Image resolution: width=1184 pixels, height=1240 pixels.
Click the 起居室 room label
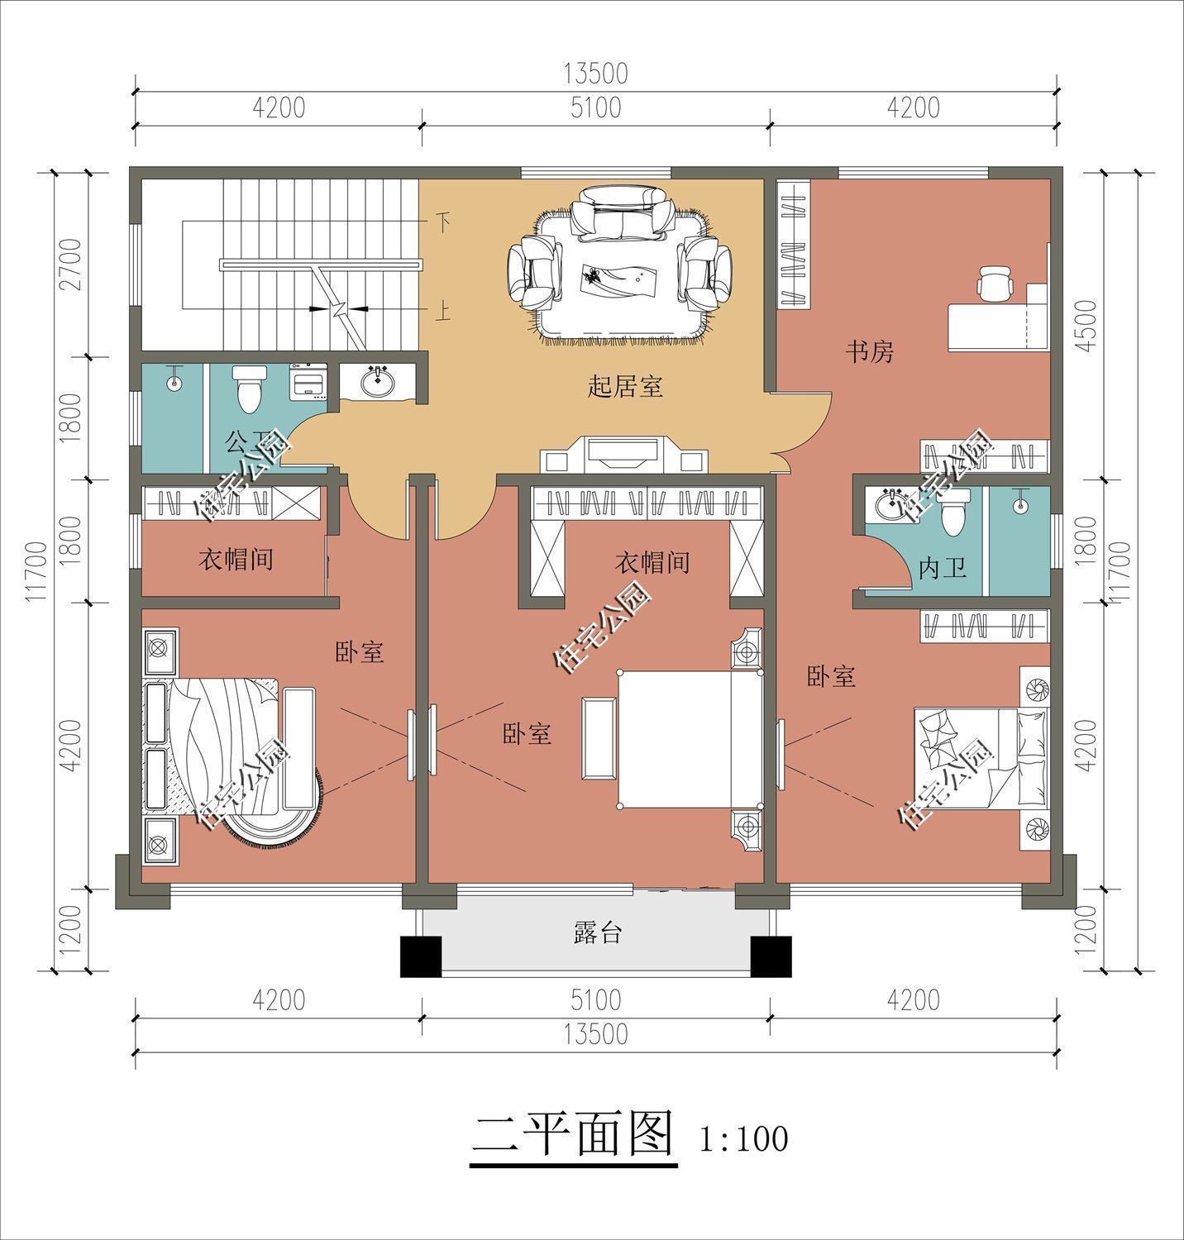(x=625, y=386)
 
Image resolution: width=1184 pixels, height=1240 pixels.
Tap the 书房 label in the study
(x=869, y=352)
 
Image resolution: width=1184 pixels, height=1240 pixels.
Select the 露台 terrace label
(x=597, y=933)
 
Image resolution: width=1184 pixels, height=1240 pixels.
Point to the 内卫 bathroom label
(x=943, y=569)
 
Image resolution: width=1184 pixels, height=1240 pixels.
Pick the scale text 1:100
(x=743, y=1140)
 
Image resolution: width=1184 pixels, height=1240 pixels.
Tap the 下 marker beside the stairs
(x=444, y=222)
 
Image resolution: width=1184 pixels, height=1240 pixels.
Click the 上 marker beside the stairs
(x=444, y=312)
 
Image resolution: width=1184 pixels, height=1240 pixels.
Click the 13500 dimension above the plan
(x=595, y=74)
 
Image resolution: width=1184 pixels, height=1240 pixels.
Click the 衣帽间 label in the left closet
(x=236, y=560)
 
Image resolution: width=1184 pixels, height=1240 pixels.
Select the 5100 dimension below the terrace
(x=595, y=999)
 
